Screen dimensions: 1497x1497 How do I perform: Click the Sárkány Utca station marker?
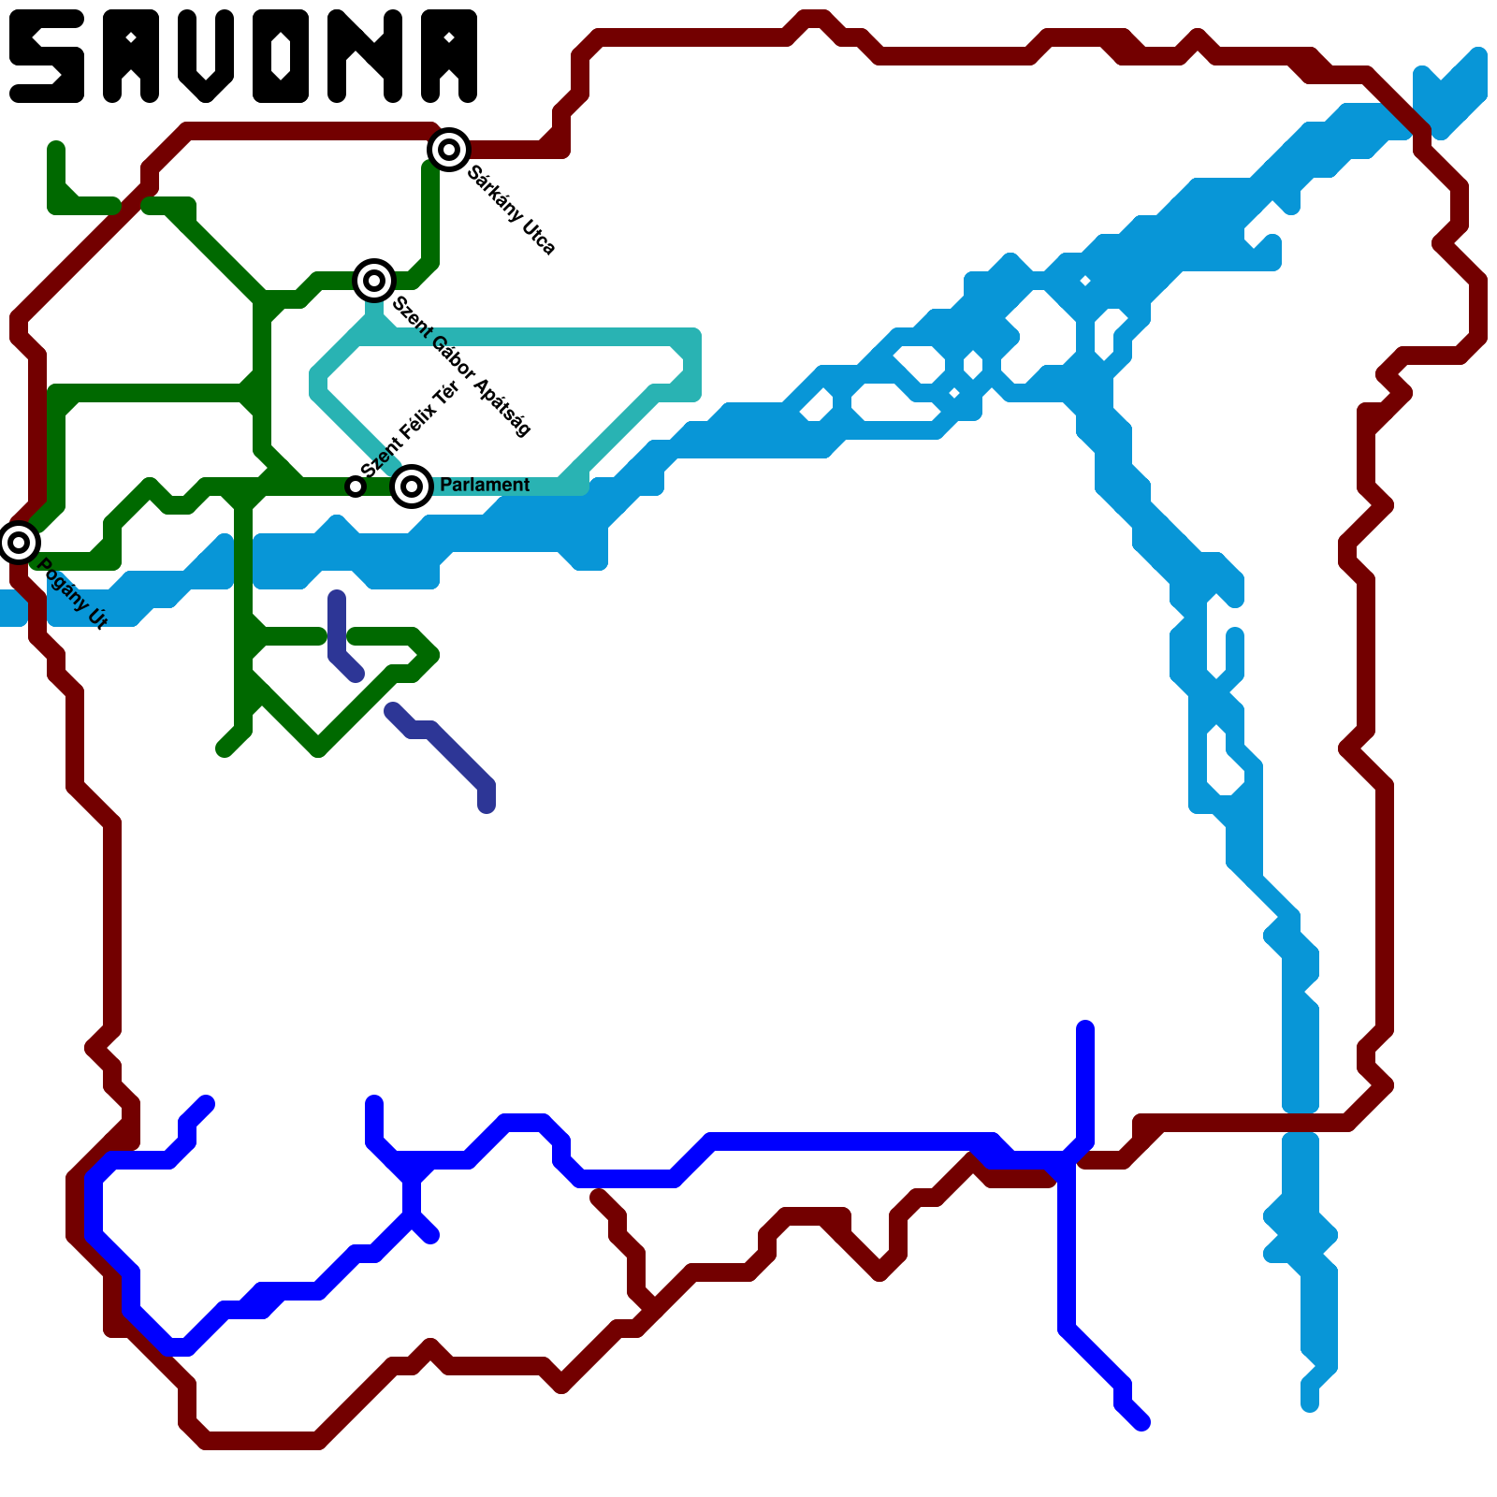pyautogui.click(x=449, y=150)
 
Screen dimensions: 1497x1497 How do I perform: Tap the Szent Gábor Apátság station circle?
pyautogui.click(x=374, y=281)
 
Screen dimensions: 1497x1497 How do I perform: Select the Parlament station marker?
pyautogui.click(x=412, y=487)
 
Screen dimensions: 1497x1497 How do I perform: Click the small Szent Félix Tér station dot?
pyautogui.click(x=355, y=487)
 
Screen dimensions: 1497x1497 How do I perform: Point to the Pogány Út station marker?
pyautogui.click(x=19, y=543)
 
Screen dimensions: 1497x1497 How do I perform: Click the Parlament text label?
pyautogui.click(x=484, y=485)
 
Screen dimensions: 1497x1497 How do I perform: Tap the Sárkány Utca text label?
pyautogui.click(x=512, y=211)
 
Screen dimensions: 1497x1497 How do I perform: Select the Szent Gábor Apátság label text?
pyautogui.click(x=461, y=366)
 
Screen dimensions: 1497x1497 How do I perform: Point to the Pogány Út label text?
pyautogui.click(x=73, y=593)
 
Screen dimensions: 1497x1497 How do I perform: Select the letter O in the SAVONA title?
pyautogui.click(x=281, y=56)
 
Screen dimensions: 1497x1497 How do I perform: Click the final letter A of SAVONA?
pyautogui.click(x=449, y=56)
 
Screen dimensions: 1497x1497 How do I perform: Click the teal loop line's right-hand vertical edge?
pyautogui.click(x=692, y=365)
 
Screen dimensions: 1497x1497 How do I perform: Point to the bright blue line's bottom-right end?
pyautogui.click(x=1141, y=1422)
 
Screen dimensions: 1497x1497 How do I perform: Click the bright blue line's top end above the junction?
pyautogui.click(x=1085, y=1029)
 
